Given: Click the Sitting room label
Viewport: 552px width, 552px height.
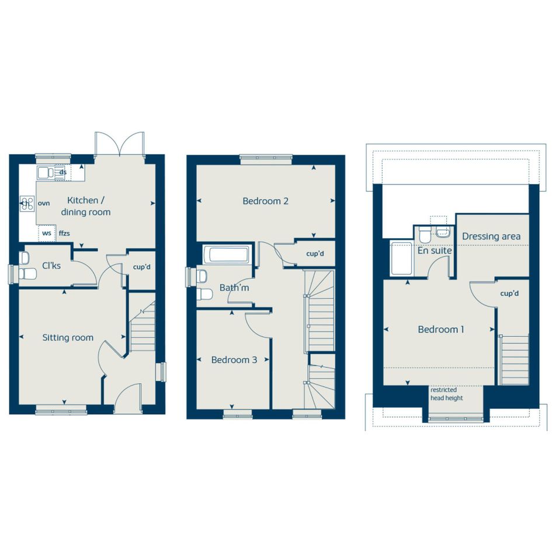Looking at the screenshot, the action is tap(68, 338).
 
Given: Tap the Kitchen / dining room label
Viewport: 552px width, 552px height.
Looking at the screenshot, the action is tap(85, 206).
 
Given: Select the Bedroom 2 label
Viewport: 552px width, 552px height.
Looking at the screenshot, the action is tap(265, 201).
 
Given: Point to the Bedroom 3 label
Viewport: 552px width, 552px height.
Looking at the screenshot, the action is tap(234, 360).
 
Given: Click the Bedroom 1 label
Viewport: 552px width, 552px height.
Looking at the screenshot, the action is tap(441, 329).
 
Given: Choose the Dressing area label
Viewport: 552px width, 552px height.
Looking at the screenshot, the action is tap(491, 236).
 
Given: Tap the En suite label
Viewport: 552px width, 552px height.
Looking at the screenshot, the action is tap(435, 251).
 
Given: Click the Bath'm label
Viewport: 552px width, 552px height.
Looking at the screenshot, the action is tap(234, 287).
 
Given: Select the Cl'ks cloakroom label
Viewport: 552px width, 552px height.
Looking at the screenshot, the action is tap(51, 265).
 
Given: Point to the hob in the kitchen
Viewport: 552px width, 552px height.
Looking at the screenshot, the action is tap(27, 203).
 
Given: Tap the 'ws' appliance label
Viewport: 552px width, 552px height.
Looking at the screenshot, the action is tap(47, 233).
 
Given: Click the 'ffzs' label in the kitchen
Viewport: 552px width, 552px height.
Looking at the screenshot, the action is tap(64, 233).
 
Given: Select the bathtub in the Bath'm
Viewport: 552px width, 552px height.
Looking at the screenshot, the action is tap(229, 255).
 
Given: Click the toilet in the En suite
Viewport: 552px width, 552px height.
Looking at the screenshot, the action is tap(424, 234).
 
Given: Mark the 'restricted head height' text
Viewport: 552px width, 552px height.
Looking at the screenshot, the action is tap(446, 394).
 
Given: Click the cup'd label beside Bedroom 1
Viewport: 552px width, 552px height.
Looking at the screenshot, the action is tap(509, 293).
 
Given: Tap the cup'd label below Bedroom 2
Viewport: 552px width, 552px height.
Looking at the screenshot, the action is tap(315, 254).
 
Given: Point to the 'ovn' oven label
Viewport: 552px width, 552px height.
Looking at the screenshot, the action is tap(44, 203).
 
